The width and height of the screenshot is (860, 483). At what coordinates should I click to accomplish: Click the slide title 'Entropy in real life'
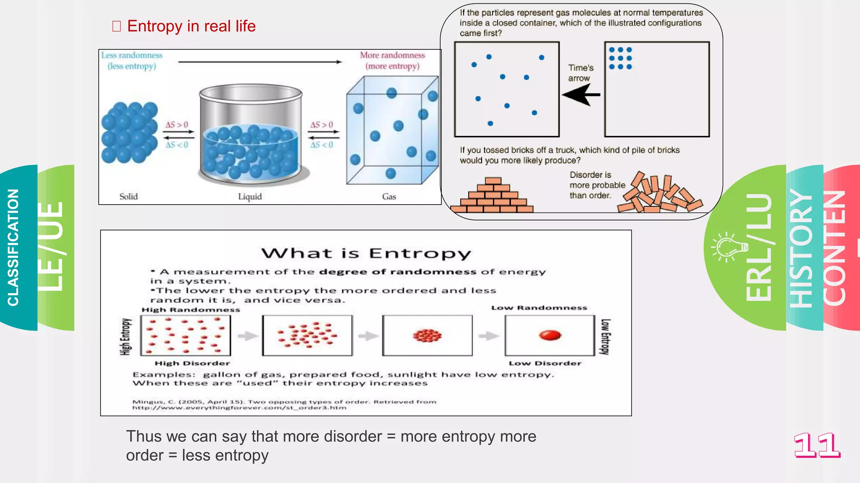(191, 26)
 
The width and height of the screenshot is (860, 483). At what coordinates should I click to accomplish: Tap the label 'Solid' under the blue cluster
(128, 197)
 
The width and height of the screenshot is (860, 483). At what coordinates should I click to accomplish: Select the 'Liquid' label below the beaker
(250, 197)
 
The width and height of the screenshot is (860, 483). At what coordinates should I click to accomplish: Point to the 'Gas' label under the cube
(389, 197)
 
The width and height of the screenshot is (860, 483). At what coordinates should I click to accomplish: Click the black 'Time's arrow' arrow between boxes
(581, 95)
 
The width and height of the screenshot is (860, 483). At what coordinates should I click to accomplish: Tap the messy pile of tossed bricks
(659, 194)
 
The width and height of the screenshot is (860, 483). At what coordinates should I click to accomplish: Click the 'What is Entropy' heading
(366, 253)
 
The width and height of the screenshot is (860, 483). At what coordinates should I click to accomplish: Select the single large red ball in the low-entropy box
(550, 335)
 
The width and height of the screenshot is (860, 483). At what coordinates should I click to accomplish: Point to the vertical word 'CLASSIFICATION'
(13, 247)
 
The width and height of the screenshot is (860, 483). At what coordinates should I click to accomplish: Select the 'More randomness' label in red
(392, 55)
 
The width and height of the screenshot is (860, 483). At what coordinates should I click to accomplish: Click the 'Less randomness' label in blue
(131, 55)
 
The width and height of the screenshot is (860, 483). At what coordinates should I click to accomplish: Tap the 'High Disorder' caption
(192, 363)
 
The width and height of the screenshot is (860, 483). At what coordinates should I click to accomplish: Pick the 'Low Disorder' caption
(545, 363)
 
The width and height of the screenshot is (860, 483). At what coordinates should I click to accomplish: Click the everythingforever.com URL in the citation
(239, 408)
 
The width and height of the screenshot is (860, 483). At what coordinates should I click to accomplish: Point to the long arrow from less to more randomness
(260, 62)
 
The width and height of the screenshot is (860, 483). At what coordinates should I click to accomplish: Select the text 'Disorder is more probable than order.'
(596, 185)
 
